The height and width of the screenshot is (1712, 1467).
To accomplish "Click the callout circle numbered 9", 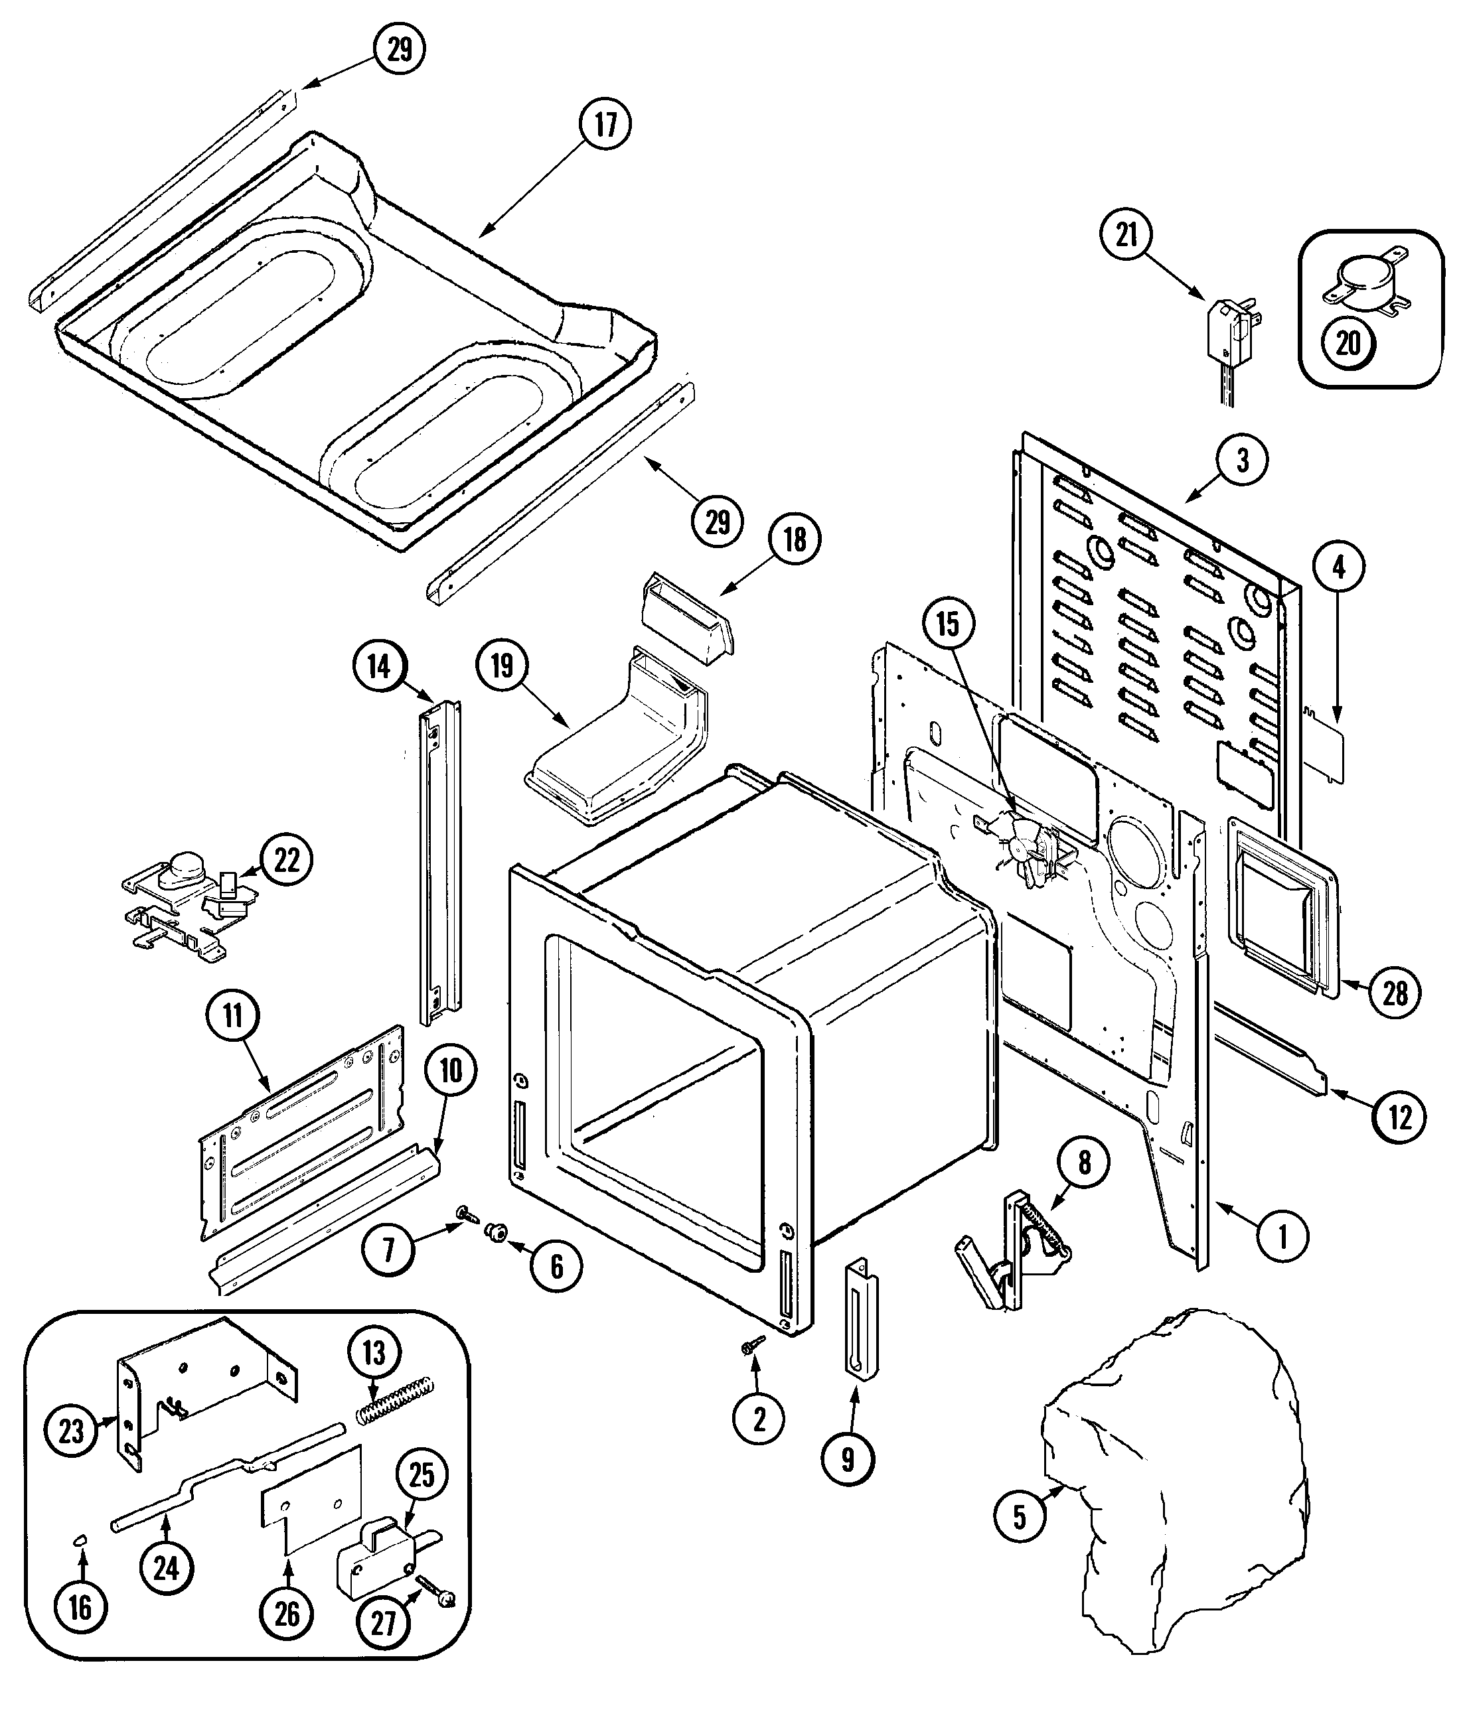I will pyautogui.click(x=848, y=1460).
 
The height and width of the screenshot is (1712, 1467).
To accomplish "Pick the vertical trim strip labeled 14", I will pyautogui.click(x=439, y=859).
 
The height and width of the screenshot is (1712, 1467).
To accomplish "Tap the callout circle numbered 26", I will pyautogui.click(x=286, y=1614).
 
